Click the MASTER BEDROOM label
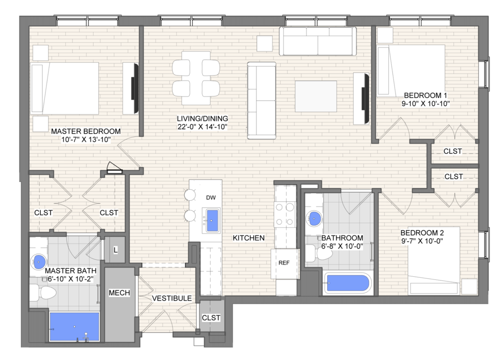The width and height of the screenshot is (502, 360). pyautogui.click(x=86, y=131)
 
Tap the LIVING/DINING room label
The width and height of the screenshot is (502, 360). pyautogui.click(x=202, y=118)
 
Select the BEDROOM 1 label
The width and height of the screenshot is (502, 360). pyautogui.click(x=425, y=95)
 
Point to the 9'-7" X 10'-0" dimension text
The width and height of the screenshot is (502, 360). pyautogui.click(x=422, y=241)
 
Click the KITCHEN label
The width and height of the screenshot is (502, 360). pyautogui.click(x=249, y=238)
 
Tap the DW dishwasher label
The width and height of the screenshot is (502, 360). pyautogui.click(x=210, y=198)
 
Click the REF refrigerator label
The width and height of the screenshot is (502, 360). pyautogui.click(x=284, y=263)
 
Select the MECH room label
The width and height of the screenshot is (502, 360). pyautogui.click(x=119, y=293)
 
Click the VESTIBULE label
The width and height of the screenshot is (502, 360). pyautogui.click(x=172, y=299)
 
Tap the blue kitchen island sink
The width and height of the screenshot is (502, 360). pyautogui.click(x=212, y=221)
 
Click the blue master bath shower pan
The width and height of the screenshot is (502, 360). pyautogui.click(x=74, y=327)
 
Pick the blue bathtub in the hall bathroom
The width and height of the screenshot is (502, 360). pyautogui.click(x=348, y=283)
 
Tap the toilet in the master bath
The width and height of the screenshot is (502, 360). pyautogui.click(x=43, y=293)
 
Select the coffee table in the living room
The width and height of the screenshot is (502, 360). pyautogui.click(x=316, y=96)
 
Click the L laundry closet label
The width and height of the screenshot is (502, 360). pyautogui.click(x=115, y=250)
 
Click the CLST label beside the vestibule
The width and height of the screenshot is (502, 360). pyautogui.click(x=211, y=318)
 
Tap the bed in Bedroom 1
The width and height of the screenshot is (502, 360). pyautogui.click(x=411, y=70)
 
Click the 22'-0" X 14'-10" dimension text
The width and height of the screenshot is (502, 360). pyautogui.click(x=202, y=127)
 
